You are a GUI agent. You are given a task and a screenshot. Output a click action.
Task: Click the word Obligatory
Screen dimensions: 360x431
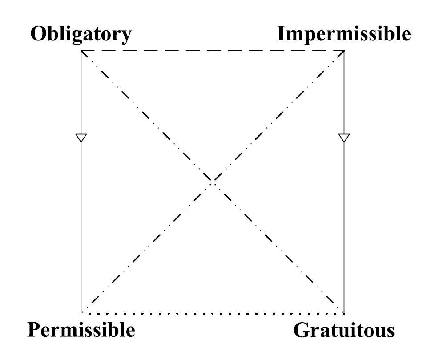click(81, 34)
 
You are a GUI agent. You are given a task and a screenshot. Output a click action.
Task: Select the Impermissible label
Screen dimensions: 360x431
click(344, 34)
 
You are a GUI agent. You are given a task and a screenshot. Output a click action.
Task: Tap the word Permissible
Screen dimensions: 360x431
click(81, 330)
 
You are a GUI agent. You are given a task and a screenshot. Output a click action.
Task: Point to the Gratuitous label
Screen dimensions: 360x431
click(344, 331)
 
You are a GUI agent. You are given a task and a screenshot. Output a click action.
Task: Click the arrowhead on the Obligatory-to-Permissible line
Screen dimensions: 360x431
click(81, 138)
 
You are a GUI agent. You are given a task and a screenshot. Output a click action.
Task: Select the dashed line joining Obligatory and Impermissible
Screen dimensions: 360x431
click(213, 51)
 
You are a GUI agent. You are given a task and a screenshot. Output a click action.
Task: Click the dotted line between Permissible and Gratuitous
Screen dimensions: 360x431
click(213, 313)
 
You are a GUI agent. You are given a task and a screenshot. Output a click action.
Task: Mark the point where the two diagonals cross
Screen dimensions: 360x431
click(213, 182)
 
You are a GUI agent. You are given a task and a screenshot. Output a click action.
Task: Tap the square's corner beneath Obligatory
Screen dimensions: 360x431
click(81, 51)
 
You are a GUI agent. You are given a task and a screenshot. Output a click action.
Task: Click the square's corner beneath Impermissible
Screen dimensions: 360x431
click(344, 51)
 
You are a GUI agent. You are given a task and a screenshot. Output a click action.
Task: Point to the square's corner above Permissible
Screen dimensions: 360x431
click(81, 313)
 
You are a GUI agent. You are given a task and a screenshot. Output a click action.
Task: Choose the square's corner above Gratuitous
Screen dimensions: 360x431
click(344, 313)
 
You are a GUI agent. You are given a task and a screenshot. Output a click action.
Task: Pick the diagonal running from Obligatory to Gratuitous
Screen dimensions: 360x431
click(147, 117)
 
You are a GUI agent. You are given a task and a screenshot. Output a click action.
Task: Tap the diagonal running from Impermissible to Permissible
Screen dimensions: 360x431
click(278, 117)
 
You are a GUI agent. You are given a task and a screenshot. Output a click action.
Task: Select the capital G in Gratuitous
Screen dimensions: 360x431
click(302, 331)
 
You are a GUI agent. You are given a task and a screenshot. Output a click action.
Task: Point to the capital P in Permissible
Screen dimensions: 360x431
click(34, 330)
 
